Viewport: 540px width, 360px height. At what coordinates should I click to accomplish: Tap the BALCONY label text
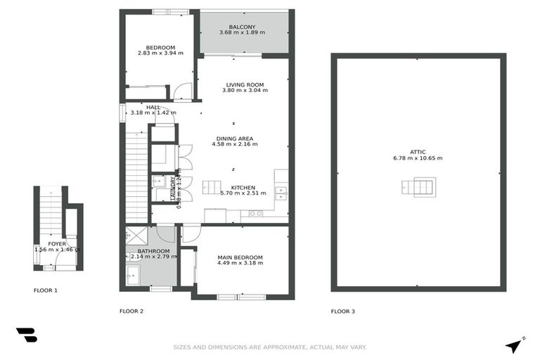242,27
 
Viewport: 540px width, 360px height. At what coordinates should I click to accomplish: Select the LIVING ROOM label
245,85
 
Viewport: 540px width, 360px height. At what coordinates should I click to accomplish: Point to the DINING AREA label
235,139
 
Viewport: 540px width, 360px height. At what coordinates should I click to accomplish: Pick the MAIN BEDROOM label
240,258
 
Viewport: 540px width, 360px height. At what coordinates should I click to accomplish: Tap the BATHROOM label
153,251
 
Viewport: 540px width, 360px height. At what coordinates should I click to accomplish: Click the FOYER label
56,244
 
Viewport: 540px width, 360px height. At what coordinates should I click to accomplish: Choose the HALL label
153,107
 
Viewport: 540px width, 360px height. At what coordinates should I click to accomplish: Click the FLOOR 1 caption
46,290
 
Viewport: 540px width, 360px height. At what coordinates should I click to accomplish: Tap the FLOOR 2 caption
131,310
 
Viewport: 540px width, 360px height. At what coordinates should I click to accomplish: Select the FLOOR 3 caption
343,310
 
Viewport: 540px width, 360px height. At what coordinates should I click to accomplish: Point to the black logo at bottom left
26,335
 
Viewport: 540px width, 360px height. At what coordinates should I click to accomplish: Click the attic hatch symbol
419,186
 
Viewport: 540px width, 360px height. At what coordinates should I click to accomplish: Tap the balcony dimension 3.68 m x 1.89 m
242,33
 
